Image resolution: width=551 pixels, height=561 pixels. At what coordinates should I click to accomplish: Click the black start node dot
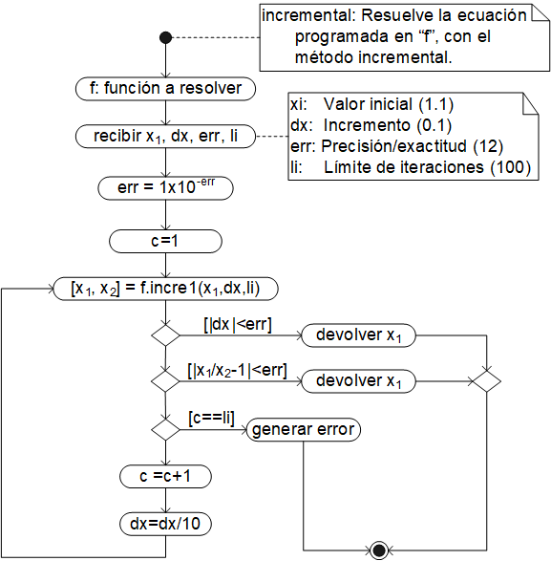tap(165, 37)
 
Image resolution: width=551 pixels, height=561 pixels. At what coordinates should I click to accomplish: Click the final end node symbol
tap(379, 550)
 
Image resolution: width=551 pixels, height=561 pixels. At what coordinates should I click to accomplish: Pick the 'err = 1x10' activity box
tap(165, 187)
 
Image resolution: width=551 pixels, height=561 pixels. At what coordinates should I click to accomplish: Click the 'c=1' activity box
tap(165, 240)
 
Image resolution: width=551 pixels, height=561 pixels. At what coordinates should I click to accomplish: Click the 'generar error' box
tap(304, 430)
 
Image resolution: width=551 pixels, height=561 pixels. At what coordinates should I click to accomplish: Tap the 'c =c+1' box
tap(165, 475)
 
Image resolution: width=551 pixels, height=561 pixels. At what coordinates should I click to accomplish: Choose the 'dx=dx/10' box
tap(165, 524)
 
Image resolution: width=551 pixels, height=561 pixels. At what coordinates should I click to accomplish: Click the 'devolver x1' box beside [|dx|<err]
tap(359, 335)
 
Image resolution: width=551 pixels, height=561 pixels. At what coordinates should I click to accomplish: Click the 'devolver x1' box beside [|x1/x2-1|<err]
tap(359, 380)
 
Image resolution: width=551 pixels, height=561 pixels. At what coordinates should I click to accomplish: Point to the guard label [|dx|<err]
tap(238, 325)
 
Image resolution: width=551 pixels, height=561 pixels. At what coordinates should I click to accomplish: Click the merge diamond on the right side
tap(488, 380)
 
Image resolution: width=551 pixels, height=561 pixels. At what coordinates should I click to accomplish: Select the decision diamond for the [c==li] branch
tap(165, 430)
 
